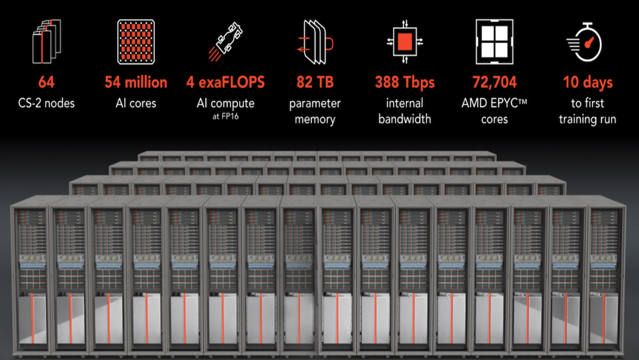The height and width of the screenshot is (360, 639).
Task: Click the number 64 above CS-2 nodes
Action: click(46, 83)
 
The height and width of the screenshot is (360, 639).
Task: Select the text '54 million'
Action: click(135, 83)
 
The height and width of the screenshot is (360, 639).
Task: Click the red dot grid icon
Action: click(135, 40)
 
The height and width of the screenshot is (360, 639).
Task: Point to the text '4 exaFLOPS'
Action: click(225, 83)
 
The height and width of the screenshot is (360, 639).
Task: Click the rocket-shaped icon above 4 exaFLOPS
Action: click(225, 42)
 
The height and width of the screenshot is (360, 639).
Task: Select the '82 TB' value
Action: click(315, 83)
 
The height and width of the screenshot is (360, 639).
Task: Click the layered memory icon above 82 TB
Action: click(315, 42)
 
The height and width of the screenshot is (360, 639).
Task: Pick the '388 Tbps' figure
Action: click(405, 83)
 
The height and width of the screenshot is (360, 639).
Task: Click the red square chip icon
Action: click(405, 40)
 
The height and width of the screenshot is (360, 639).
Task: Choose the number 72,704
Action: click(494, 83)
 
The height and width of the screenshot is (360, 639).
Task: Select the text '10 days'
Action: click(588, 83)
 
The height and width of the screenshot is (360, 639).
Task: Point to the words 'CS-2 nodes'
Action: click(46, 103)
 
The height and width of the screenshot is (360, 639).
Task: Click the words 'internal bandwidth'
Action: click(405, 110)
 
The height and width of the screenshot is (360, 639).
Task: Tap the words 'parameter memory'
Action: click(315, 110)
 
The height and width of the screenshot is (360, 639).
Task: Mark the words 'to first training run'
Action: click(587, 110)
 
